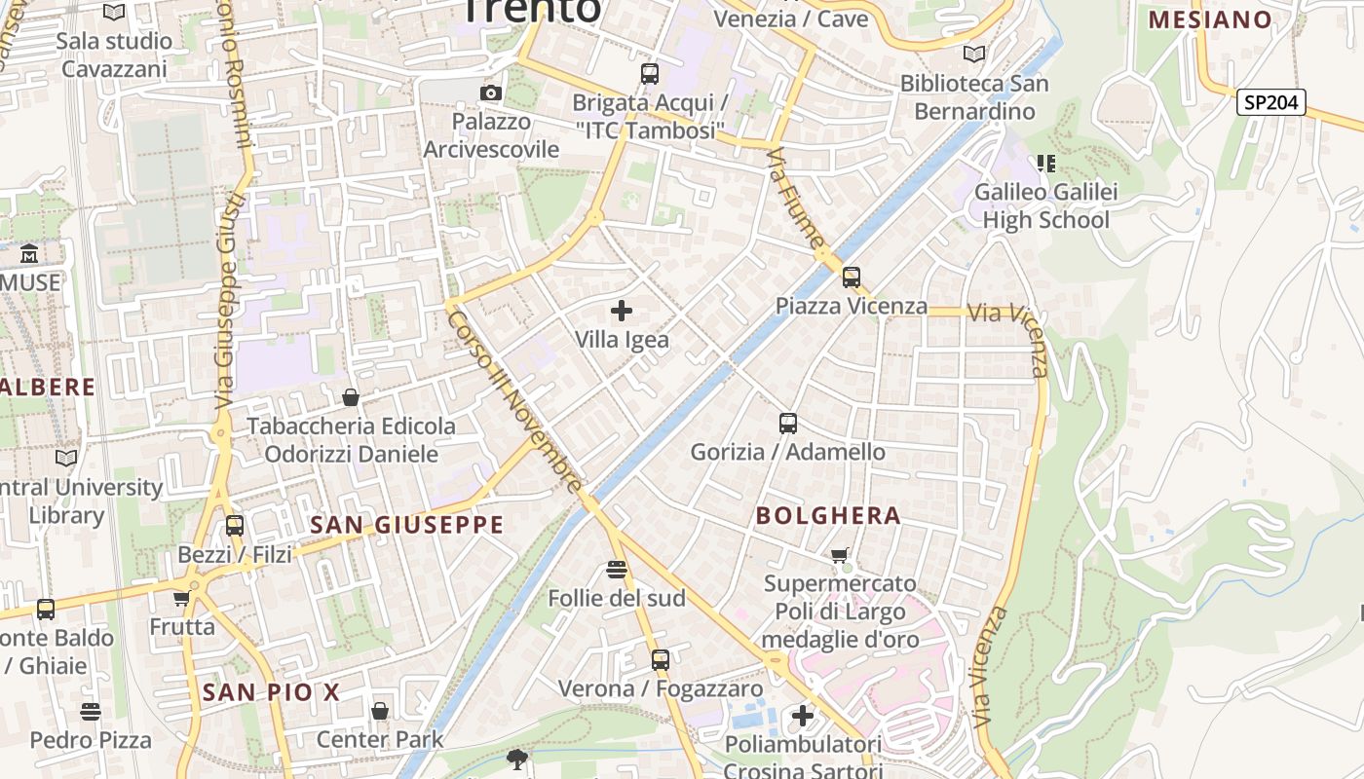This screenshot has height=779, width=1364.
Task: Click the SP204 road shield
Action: click(x=1270, y=101)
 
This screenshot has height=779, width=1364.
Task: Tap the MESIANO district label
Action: click(x=1211, y=19)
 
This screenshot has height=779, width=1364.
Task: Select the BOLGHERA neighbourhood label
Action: click(x=828, y=515)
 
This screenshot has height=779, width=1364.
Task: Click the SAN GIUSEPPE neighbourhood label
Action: click(x=406, y=525)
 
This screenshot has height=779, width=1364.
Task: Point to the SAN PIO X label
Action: click(x=271, y=692)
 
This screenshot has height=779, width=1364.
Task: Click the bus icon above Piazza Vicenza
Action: click(x=852, y=278)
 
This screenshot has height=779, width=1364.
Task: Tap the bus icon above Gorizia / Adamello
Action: click(x=788, y=424)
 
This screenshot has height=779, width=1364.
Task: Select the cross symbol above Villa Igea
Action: click(x=622, y=311)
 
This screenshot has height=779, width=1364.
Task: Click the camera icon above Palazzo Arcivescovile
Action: click(x=491, y=93)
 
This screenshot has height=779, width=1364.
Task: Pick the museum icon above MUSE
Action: click(x=29, y=254)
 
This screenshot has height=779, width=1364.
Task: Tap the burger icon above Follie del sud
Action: click(x=616, y=570)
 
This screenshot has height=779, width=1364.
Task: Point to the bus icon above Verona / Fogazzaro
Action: click(x=661, y=660)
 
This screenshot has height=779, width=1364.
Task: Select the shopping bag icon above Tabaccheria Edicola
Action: click(x=351, y=397)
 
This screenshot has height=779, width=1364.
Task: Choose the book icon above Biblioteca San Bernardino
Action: click(x=973, y=55)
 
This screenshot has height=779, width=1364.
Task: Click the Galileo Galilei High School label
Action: click(x=1045, y=205)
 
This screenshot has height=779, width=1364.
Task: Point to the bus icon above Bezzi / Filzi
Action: click(x=235, y=526)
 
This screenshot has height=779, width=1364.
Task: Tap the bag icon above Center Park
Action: click(x=380, y=711)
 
